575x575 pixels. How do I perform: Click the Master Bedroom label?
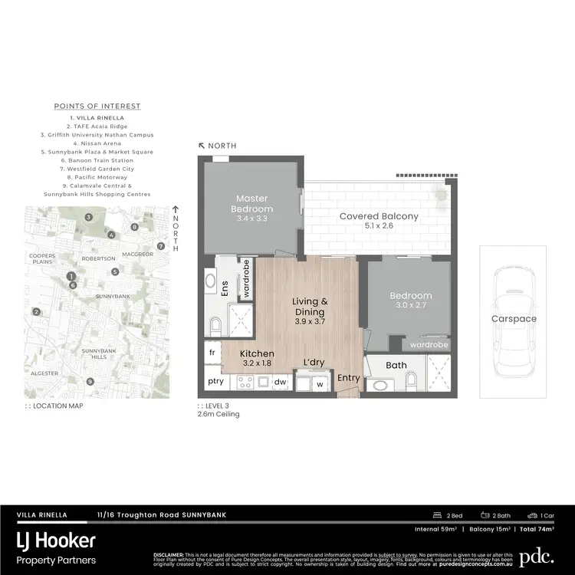(254, 203)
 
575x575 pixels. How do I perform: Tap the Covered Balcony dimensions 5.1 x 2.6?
(379, 228)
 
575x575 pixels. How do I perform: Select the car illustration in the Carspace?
(513, 319)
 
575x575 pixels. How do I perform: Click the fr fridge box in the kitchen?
(212, 352)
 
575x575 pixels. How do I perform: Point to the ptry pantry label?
(215, 380)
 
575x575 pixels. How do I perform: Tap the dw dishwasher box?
(281, 380)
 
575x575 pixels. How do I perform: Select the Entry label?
(348, 377)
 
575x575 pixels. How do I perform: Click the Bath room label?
(396, 365)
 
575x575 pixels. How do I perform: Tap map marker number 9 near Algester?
(90, 381)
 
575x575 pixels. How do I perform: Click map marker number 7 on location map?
(160, 246)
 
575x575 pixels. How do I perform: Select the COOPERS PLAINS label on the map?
(42, 258)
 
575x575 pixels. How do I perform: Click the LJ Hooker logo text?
(56, 540)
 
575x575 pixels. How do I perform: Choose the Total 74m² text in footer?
(537, 529)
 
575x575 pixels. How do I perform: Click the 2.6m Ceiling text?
(219, 414)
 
